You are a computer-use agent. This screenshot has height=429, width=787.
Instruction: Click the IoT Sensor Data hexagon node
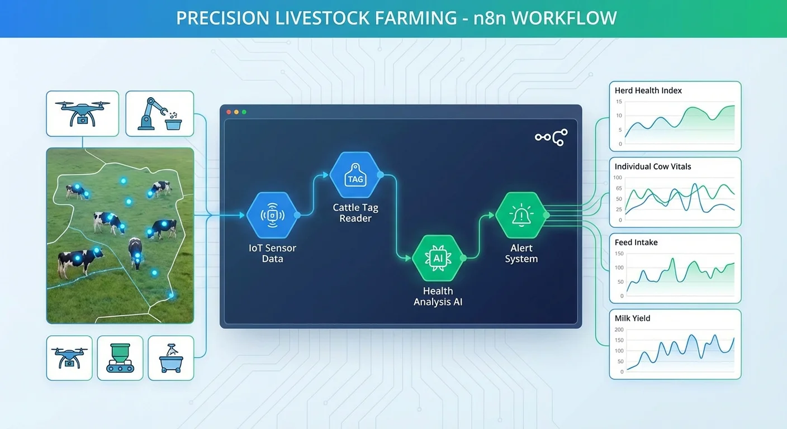272,215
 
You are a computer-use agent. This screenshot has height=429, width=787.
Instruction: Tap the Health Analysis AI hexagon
438,258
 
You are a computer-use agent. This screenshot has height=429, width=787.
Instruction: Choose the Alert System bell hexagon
520,215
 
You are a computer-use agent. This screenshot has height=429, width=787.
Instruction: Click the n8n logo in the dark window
551,137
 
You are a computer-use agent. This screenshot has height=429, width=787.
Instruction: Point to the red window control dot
228,112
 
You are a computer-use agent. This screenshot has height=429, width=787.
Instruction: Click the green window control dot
244,112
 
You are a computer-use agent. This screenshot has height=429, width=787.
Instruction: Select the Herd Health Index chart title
648,90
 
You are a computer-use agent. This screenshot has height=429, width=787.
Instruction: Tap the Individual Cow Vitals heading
653,166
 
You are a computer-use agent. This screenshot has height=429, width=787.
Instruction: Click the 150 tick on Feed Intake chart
619,254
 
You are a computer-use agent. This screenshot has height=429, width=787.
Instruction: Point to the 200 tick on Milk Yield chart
619,330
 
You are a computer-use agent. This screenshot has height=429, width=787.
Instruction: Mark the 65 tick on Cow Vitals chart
618,188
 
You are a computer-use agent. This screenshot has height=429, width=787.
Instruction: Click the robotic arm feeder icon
159,114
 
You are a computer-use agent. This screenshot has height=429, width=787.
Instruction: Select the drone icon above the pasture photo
82,114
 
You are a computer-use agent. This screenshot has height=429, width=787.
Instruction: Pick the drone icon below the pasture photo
69,357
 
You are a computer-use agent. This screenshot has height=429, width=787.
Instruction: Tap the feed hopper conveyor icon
120,357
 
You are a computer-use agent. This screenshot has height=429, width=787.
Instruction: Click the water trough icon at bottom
170,357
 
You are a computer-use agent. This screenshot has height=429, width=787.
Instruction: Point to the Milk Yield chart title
632,318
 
